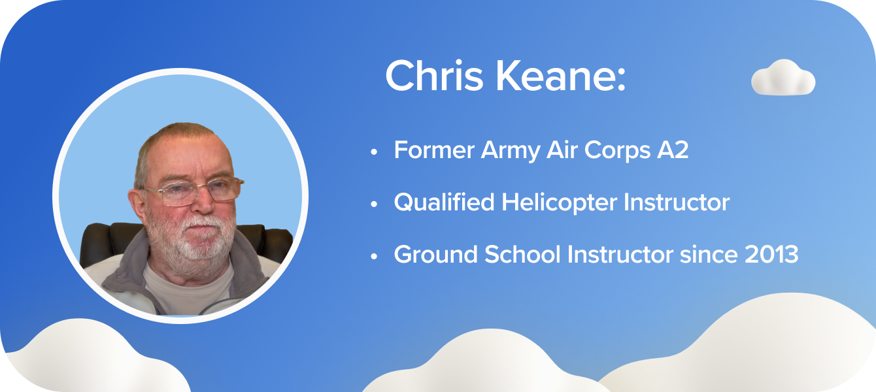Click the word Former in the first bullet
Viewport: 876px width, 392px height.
click(434, 150)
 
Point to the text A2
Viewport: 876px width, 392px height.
click(673, 150)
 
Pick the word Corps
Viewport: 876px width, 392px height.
click(617, 152)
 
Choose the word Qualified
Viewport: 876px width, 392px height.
click(445, 203)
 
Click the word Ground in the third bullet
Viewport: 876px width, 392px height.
click(435, 254)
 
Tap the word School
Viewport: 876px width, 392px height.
click(522, 254)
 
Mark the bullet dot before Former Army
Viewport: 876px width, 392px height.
click(374, 152)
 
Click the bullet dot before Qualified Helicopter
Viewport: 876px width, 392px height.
click(374, 204)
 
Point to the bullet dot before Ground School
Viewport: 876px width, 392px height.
click(374, 256)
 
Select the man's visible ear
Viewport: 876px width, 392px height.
click(138, 204)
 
